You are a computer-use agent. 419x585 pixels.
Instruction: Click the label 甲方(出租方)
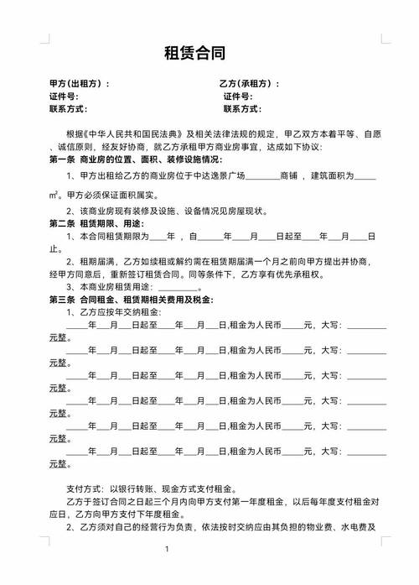79,85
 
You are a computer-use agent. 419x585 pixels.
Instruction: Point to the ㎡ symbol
54,195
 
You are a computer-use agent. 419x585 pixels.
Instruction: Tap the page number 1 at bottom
167,550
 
